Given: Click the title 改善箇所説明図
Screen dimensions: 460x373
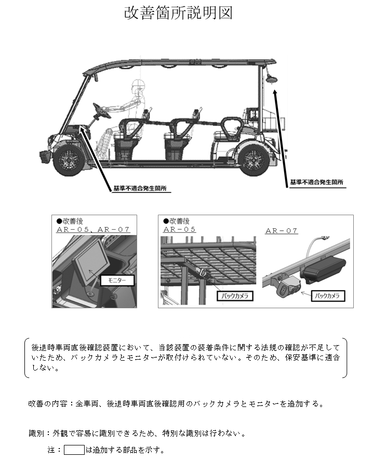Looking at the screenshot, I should [x=178, y=14].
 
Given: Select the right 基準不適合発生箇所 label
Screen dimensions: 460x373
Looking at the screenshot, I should [x=317, y=182].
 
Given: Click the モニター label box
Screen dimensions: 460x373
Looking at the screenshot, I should [x=117, y=280].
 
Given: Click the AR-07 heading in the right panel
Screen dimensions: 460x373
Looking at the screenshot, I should [x=282, y=231].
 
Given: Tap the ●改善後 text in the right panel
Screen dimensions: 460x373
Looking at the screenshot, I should [x=176, y=221].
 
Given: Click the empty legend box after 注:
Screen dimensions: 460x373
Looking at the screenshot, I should [x=74, y=449].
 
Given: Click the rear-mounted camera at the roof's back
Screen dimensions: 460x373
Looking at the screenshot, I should [x=271, y=77].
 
